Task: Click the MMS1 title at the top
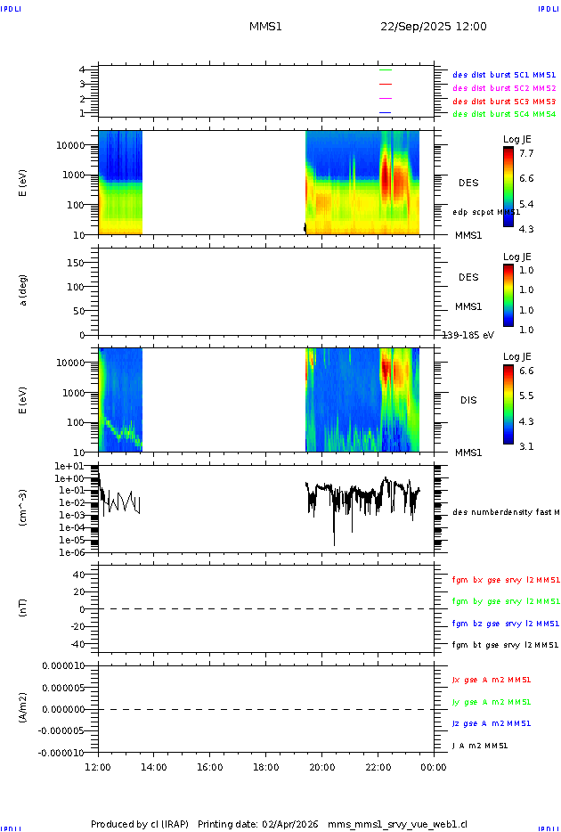click(265, 27)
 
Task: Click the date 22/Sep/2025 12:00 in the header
click(433, 27)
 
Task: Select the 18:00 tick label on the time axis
click(265, 767)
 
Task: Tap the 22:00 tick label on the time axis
click(378, 767)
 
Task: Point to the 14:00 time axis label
click(154, 767)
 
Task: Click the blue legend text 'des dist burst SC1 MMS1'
click(504, 76)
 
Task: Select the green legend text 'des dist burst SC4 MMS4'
click(504, 114)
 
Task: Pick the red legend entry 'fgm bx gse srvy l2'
click(505, 580)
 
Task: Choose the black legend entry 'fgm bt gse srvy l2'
click(505, 645)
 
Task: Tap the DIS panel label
click(468, 400)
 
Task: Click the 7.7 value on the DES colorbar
click(526, 154)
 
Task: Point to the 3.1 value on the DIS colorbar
click(526, 446)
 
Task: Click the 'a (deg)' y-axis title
click(24, 290)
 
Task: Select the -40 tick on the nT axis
click(80, 644)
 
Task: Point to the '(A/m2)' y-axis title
click(24, 708)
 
